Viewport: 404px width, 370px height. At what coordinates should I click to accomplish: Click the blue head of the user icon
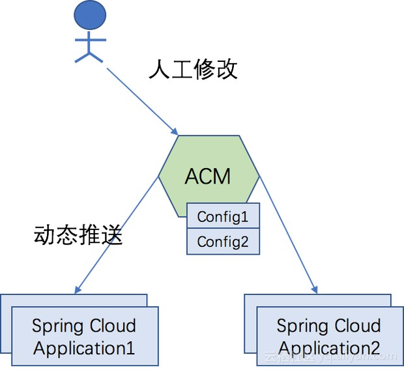click(x=89, y=14)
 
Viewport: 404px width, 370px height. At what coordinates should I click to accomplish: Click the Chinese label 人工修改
click(x=193, y=69)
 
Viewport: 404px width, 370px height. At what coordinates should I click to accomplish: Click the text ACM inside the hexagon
click(x=209, y=177)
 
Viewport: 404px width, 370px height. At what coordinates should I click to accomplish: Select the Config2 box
click(x=223, y=242)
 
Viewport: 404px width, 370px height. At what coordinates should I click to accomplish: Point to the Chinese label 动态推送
click(x=78, y=235)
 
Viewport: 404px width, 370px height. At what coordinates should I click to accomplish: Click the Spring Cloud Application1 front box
click(x=85, y=337)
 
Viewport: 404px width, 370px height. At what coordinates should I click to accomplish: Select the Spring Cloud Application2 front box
click(x=328, y=337)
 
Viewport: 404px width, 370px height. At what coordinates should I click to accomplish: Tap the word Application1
click(x=84, y=348)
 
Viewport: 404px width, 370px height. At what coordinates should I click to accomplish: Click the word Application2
click(x=329, y=348)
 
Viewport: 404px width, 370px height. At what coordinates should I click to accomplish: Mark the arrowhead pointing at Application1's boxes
click(x=78, y=290)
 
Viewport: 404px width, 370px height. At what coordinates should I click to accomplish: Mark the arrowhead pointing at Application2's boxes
click(x=315, y=289)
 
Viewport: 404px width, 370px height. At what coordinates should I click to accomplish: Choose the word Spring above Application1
click(x=58, y=326)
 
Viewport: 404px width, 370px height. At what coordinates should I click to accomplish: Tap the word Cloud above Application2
click(x=356, y=326)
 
